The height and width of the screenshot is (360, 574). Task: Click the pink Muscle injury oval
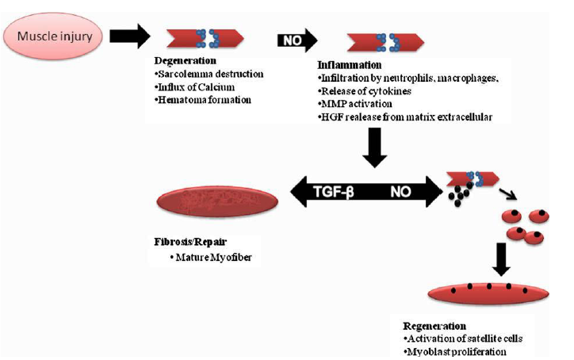[x=53, y=36]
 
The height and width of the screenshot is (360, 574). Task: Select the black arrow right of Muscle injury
[x=130, y=36]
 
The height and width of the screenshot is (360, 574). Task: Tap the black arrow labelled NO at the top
[x=297, y=40]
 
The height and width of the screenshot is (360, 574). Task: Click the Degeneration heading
[x=186, y=61]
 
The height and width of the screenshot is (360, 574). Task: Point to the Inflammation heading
[x=349, y=65]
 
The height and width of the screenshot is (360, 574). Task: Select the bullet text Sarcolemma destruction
[x=209, y=74]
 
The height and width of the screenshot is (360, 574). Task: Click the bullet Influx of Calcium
[x=195, y=87]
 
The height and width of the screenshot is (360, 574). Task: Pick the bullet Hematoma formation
[x=203, y=100]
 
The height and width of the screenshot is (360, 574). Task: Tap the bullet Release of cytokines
[x=365, y=91]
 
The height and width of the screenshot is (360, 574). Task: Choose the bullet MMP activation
[x=355, y=104]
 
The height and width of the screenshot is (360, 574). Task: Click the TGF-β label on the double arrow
[x=334, y=192]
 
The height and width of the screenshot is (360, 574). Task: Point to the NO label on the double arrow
[x=400, y=192]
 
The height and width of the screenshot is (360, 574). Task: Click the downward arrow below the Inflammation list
[x=374, y=147]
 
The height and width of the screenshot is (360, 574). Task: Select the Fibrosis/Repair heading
[x=190, y=242]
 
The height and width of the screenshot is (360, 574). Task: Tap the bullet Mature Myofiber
[x=211, y=258]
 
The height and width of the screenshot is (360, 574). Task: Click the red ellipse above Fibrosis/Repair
[x=217, y=201]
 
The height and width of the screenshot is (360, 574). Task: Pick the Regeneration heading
[x=434, y=326]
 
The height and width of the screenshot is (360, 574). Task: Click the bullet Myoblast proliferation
[x=455, y=352]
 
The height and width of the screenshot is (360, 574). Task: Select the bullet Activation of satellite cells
[x=463, y=339]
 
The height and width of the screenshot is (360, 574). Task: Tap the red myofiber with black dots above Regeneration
[x=488, y=293]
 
